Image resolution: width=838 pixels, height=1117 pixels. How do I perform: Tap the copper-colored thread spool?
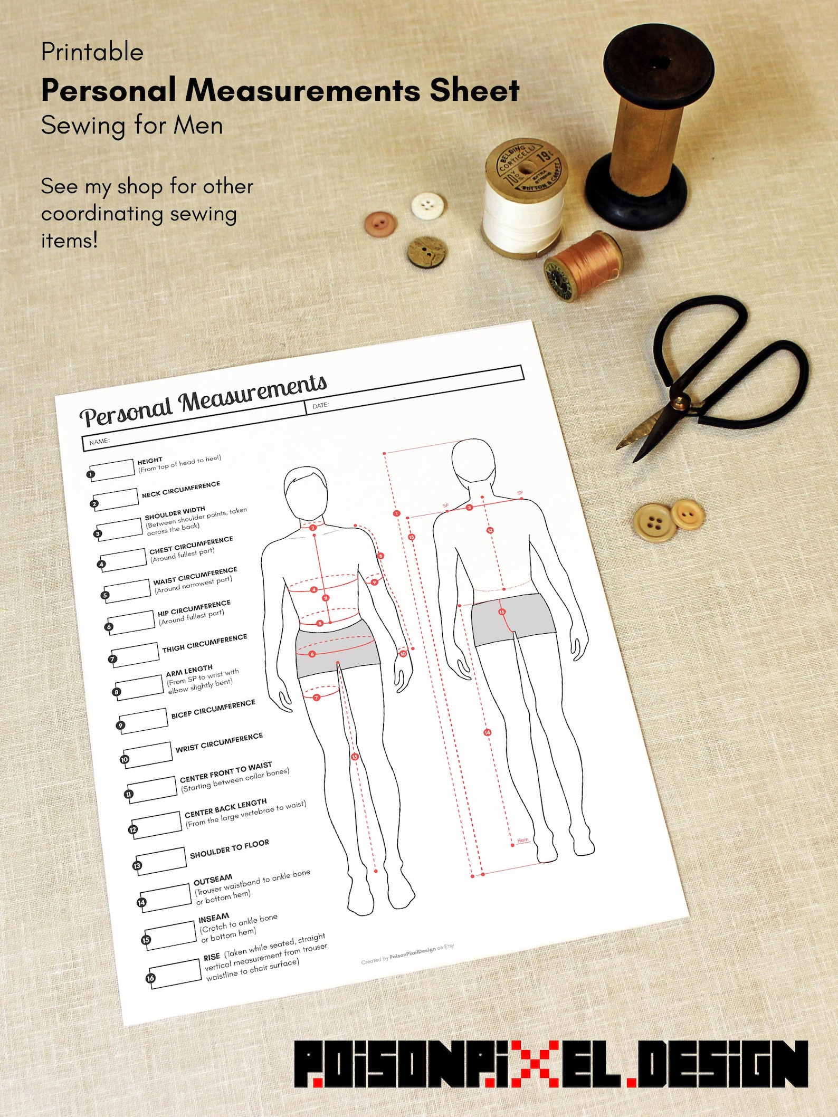pyautogui.click(x=584, y=263)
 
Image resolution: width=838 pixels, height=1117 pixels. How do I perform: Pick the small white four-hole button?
pyautogui.click(x=425, y=205)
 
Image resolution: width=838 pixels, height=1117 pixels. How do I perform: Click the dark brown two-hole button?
pyautogui.click(x=424, y=252)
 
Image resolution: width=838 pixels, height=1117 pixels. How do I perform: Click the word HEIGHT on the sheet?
pyautogui.click(x=150, y=461)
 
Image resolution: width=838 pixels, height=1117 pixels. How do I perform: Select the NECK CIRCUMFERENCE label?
pyautogui.click(x=181, y=489)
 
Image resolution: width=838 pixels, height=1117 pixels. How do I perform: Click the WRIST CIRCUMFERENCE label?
pyautogui.click(x=219, y=742)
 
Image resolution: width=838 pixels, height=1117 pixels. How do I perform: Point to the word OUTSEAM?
pyautogui.click(x=213, y=880)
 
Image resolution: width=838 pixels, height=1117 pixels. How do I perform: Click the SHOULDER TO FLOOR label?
pyautogui.click(x=230, y=848)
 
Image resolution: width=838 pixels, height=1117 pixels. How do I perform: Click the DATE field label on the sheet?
pyautogui.click(x=320, y=405)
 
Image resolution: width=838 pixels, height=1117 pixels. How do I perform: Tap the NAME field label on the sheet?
pyautogui.click(x=99, y=441)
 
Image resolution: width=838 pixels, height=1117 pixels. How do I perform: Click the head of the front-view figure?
pyautogui.click(x=306, y=493)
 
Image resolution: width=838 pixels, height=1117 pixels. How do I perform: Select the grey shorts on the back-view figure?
pyautogui.click(x=511, y=620)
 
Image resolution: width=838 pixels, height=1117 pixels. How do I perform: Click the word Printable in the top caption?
pyautogui.click(x=92, y=52)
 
